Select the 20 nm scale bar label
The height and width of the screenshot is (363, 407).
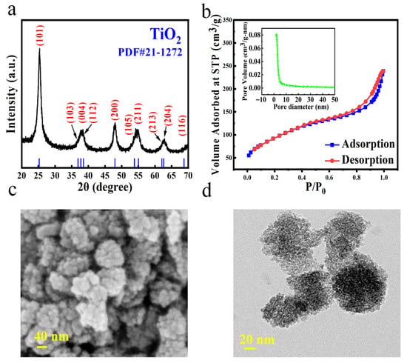coord(255,341)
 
